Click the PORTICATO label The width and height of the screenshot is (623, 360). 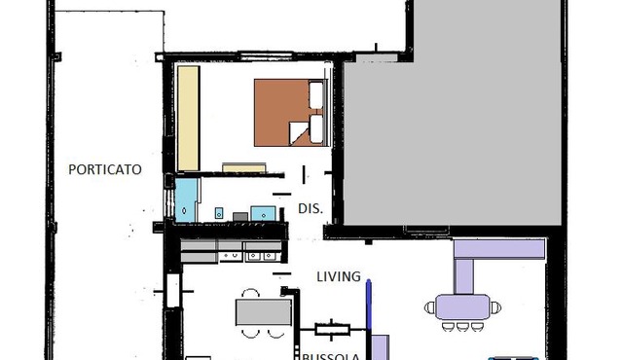(x=105, y=169)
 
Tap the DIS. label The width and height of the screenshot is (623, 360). (x=311, y=208)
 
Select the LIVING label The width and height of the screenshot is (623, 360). (x=339, y=276)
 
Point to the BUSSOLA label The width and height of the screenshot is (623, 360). (x=331, y=356)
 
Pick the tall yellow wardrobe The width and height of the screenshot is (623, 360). (x=188, y=119)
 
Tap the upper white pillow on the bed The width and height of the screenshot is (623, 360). (x=316, y=94)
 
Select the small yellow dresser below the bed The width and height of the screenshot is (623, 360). (x=244, y=167)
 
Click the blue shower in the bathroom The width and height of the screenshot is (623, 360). (x=186, y=200)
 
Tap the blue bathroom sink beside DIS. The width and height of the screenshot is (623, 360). (x=263, y=213)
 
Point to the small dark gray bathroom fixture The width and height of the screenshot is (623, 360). (x=240, y=217)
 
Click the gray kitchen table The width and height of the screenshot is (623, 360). (x=264, y=312)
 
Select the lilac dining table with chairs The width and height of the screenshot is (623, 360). (x=462, y=306)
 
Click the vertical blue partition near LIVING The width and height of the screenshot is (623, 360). (x=368, y=305)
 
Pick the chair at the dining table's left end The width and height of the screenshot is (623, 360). (x=430, y=307)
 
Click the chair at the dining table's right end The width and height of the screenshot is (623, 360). (x=495, y=307)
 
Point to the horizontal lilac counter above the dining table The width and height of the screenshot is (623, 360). (x=499, y=249)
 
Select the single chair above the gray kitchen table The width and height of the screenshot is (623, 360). (x=251, y=294)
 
